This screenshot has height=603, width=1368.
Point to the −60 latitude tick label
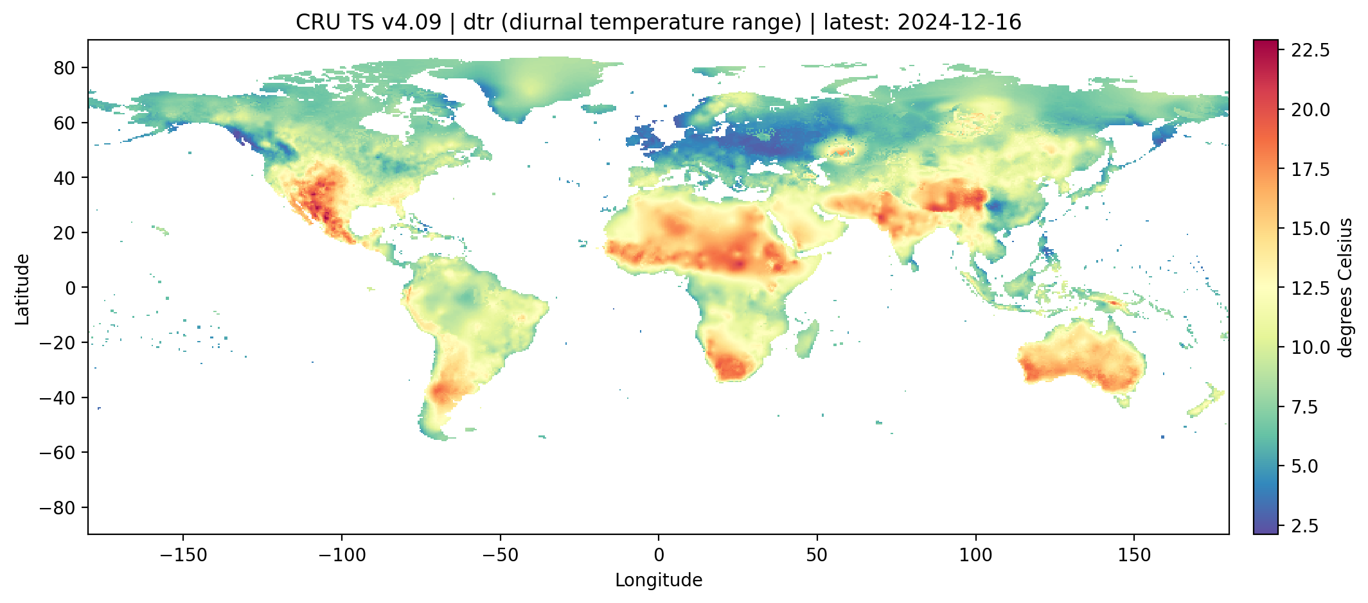[x=59, y=453]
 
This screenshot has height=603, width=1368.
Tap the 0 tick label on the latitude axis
[x=71, y=288]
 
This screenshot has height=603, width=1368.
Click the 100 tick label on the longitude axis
[x=975, y=555]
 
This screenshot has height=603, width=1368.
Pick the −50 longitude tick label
[x=500, y=555]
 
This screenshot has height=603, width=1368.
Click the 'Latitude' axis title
[x=22, y=289]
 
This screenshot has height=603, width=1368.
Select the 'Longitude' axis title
[x=659, y=581]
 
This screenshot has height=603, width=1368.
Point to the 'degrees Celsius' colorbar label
[x=1346, y=288]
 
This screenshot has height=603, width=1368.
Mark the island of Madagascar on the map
[x=807, y=340]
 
